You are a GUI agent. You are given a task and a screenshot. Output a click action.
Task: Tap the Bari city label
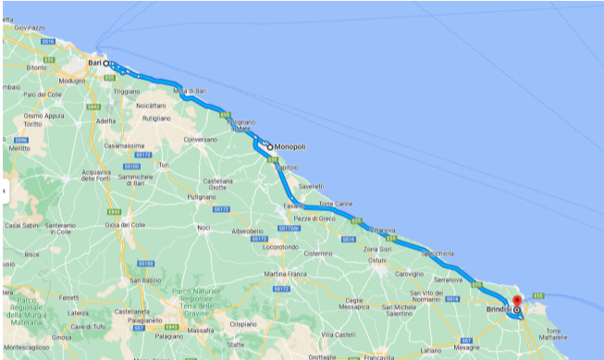[x=93, y=63]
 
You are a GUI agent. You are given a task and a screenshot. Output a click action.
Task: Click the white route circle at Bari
[x=105, y=63]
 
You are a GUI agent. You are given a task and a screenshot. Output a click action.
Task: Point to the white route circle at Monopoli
[x=269, y=146]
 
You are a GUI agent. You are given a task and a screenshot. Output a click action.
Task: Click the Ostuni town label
[x=376, y=260]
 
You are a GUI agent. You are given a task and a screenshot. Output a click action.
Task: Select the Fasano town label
[x=293, y=205]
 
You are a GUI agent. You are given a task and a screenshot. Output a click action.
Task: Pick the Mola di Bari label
[x=189, y=92]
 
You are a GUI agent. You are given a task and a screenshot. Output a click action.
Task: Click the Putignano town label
[x=201, y=197]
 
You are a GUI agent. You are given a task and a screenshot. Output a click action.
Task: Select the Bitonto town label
[x=36, y=68]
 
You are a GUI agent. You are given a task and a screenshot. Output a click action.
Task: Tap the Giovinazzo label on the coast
[x=30, y=28]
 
